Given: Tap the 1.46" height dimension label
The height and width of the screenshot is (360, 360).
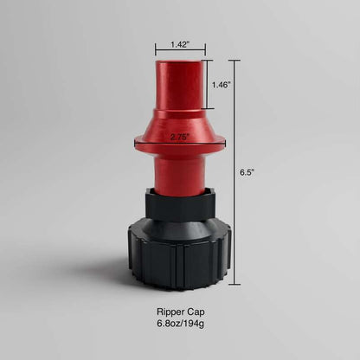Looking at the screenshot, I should coord(222,86).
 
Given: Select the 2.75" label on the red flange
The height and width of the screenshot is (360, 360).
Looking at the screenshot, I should coord(181,137).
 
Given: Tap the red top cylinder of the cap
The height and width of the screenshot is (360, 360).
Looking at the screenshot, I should coord(180,87).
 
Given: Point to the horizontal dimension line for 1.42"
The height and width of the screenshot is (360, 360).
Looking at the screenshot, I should coord(180,50).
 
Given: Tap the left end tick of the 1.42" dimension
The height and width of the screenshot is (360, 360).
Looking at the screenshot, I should coord(156,50).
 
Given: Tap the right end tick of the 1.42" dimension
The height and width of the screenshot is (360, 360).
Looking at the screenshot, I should coord(205,50).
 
